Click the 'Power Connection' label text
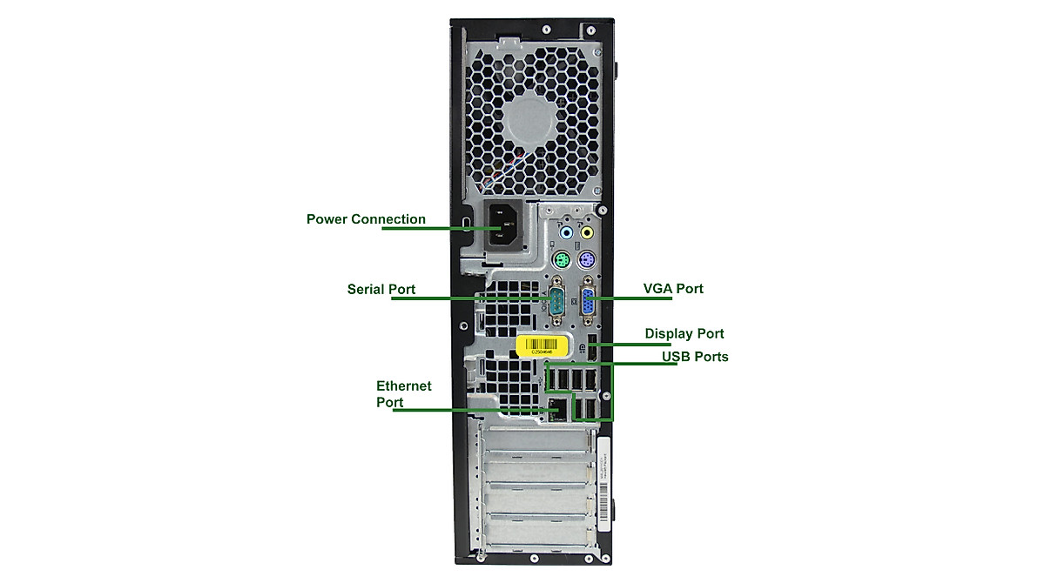pyautogui.click(x=366, y=219)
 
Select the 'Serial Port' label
pyautogui.click(x=381, y=289)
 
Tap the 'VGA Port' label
pyautogui.click(x=672, y=288)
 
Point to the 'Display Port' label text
pyautogui.click(x=684, y=333)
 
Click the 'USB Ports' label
pyautogui.click(x=695, y=357)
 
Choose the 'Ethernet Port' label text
pyautogui.click(x=403, y=393)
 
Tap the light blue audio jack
pyautogui.click(x=567, y=233)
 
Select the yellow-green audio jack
pyautogui.click(x=587, y=233)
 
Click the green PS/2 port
pyautogui.click(x=562, y=260)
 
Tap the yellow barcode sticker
pyautogui.click(x=543, y=345)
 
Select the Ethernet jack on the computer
pyautogui.click(x=556, y=407)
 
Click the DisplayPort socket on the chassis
pyautogui.click(x=592, y=345)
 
